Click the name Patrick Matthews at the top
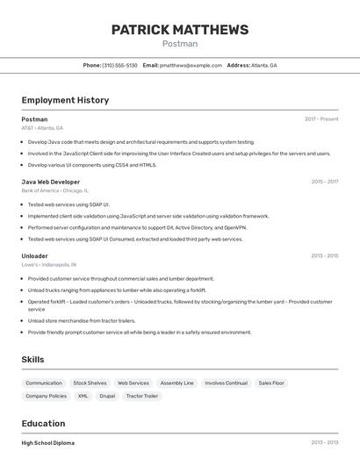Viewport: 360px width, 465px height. tap(180, 30)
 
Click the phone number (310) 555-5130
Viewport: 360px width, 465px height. tap(119, 66)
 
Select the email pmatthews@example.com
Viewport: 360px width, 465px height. tap(191, 66)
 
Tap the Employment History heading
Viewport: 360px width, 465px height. tap(65, 100)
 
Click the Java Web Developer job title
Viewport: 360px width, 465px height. tap(51, 182)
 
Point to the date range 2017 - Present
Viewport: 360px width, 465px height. tap(321, 119)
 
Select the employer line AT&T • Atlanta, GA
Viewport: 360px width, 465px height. tap(42, 128)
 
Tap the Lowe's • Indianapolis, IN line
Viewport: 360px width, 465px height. tap(49, 264)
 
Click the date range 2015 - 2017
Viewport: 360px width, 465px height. tap(324, 182)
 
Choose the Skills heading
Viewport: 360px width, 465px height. tap(32, 360)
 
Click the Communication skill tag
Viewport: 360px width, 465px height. tap(44, 383)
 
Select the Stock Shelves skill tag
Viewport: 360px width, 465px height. tap(90, 383)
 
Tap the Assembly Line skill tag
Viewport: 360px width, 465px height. tap(177, 383)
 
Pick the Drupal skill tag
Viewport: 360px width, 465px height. tap(107, 397)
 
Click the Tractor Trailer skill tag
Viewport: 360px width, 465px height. tap(142, 397)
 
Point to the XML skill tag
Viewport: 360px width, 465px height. tap(83, 397)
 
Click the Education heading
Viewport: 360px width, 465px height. tap(43, 424)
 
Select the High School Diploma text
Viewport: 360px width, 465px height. tap(48, 444)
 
